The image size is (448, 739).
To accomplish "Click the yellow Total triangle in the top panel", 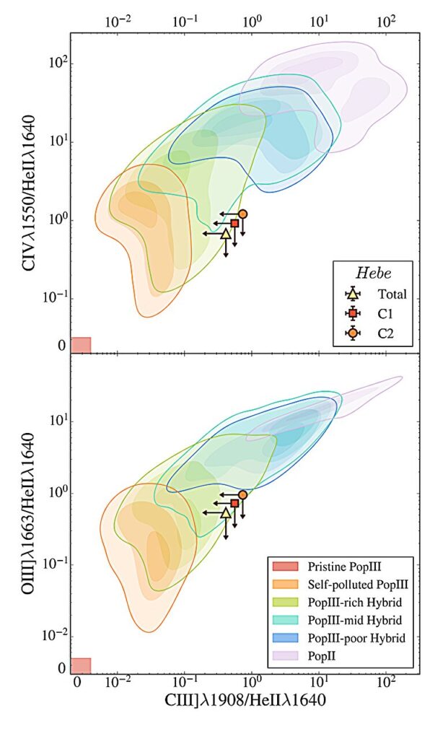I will [x=226, y=233].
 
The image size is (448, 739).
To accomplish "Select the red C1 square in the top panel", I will [x=234, y=224].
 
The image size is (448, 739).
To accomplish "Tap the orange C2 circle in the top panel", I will [x=243, y=214].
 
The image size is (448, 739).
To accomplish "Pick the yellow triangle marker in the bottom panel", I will [x=226, y=512].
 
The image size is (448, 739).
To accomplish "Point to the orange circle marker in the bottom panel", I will [x=243, y=495].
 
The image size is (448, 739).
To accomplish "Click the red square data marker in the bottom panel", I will [x=234, y=503].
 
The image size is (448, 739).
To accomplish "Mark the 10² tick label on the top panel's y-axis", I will [x=53, y=62].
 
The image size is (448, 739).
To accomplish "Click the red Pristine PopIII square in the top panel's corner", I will [x=81, y=345].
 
